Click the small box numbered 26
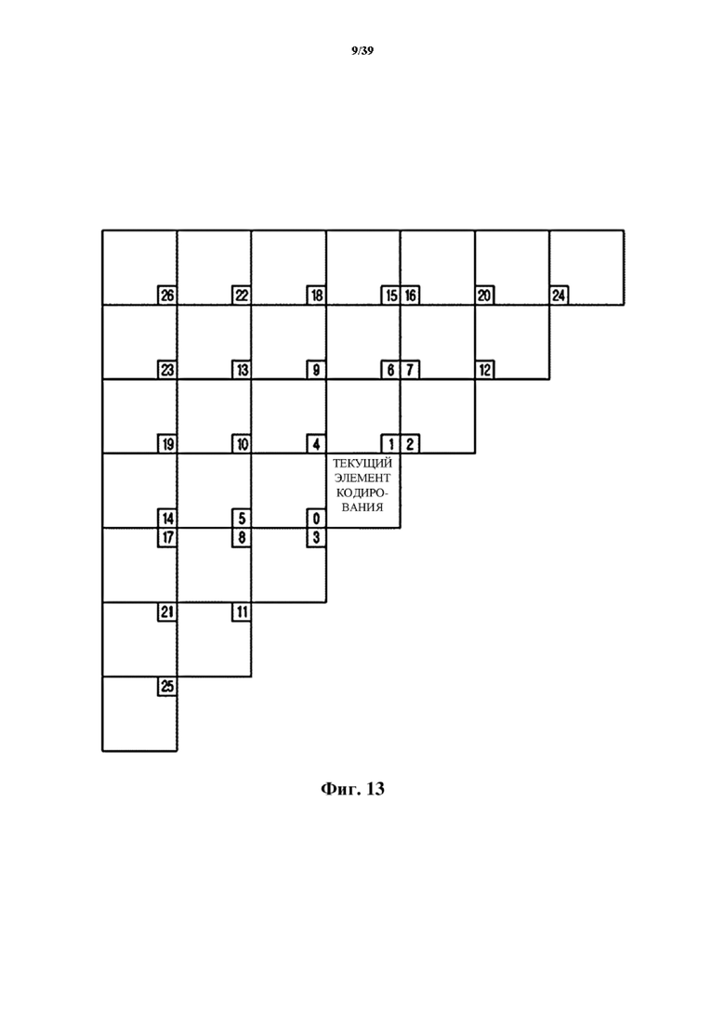[167, 296]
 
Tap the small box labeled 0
[316, 519]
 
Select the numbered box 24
[559, 296]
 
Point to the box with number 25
[167, 687]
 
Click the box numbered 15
[391, 296]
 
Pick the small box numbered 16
[410, 296]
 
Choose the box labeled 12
[484, 370]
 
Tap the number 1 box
[391, 444]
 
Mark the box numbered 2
[410, 444]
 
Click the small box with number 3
[316, 537]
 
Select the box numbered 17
[167, 537]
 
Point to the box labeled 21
[167, 611]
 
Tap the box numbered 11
[242, 611]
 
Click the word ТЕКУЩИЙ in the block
[362, 464]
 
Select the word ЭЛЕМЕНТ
[362, 478]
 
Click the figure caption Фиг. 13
[352, 789]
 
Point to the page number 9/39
[362, 50]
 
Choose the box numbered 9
[316, 370]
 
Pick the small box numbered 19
[167, 444]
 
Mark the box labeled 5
[242, 519]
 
